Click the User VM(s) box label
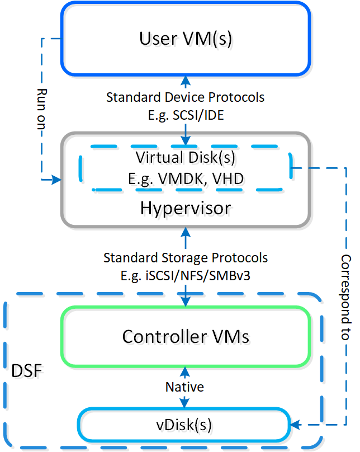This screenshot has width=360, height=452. click(185, 39)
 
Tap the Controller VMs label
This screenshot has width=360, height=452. click(185, 337)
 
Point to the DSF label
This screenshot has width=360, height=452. click(27, 370)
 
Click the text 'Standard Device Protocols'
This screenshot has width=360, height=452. click(185, 97)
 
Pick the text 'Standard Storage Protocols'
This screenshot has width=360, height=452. click(185, 258)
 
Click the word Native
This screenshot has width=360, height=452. click(185, 387)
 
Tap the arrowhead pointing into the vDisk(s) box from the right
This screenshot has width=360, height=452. click(297, 425)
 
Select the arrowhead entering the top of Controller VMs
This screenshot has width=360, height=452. click(185, 303)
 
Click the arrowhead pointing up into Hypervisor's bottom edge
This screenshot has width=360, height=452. click(185, 229)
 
